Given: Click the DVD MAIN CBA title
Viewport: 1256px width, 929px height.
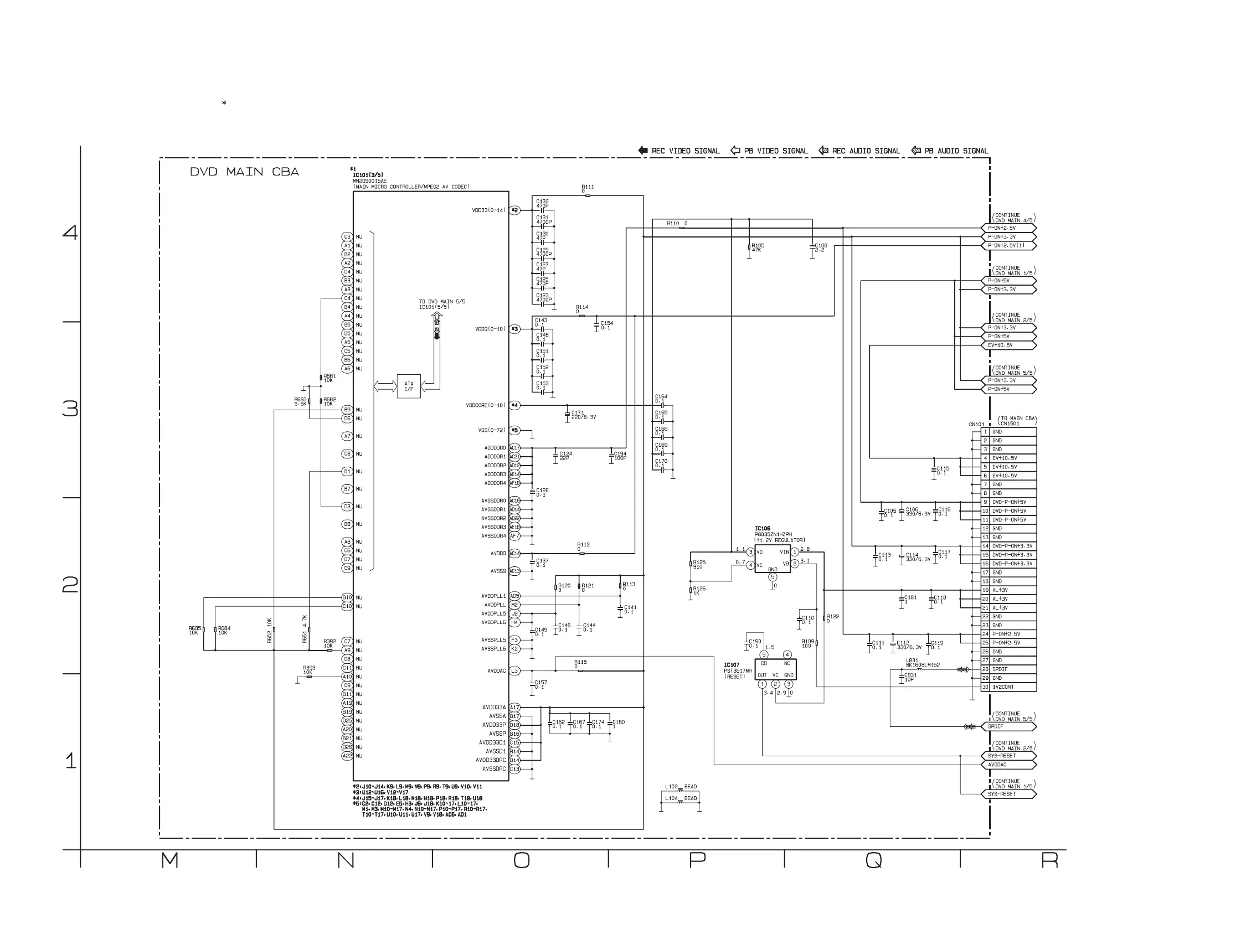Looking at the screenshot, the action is tap(244, 172).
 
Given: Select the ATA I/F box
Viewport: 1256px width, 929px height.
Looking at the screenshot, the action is tap(408, 386).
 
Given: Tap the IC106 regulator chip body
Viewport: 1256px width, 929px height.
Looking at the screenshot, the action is tap(773, 559).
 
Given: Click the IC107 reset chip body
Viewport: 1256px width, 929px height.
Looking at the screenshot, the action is tap(775, 669).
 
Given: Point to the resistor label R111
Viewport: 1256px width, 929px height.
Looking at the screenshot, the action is tap(588, 187).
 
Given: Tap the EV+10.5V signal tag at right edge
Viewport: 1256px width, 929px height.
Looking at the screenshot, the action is tap(1010, 345).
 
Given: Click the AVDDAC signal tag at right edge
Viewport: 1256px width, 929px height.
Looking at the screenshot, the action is tap(1010, 765).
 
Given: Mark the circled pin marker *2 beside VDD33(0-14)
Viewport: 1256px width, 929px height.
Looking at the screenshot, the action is tap(514, 210).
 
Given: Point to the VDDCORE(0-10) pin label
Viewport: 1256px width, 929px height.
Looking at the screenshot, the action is tap(486, 405).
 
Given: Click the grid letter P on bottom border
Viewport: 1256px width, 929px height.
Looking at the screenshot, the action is tap(697, 860).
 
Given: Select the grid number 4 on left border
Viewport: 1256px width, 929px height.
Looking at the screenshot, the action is tap(70, 233).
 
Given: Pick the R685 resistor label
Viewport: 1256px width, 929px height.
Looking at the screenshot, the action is tap(194, 628).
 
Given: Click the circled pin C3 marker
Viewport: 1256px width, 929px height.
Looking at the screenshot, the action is tap(347, 237).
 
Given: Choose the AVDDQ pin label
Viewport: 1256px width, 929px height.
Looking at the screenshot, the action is tap(498, 553).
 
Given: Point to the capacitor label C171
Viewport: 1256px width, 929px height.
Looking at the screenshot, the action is tap(577, 413).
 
